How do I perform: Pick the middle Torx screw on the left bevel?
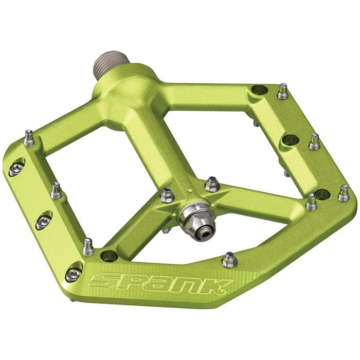(x=44, y=222)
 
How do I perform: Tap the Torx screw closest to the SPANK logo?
(x=74, y=274)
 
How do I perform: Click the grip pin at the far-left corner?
(x=29, y=138)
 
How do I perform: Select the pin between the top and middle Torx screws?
(x=56, y=190)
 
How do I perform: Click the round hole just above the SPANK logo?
(x=109, y=255)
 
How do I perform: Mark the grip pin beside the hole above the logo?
(x=88, y=247)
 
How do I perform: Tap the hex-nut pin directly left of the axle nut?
(x=167, y=195)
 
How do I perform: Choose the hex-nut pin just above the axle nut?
(x=211, y=184)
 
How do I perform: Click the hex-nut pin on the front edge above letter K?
(x=229, y=260)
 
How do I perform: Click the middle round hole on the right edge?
(x=291, y=139)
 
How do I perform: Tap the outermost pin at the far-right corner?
(x=343, y=193)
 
